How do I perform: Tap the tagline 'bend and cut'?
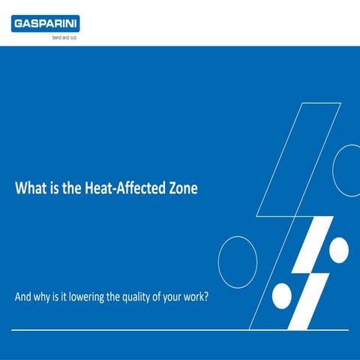click(x=63, y=37)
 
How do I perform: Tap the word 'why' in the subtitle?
click(x=43, y=296)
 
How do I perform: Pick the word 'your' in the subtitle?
click(x=170, y=296)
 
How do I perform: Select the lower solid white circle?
click(x=281, y=295)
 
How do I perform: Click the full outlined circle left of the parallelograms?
click(x=238, y=262)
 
